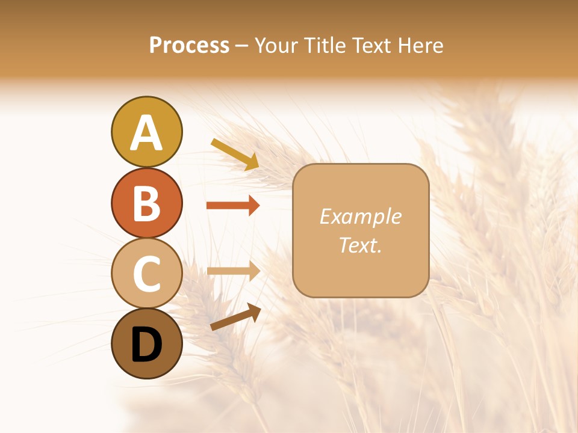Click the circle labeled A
point(146,132)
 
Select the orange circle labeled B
point(146,203)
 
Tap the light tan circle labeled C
point(146,274)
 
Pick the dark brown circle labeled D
point(146,343)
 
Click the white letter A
point(146,133)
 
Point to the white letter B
point(146,204)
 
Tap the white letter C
point(146,274)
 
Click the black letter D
point(146,345)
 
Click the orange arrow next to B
point(232,206)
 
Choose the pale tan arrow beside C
point(232,271)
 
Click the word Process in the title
point(189,46)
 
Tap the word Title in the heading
point(326,46)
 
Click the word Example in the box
point(360,216)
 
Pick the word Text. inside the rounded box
point(360,245)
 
